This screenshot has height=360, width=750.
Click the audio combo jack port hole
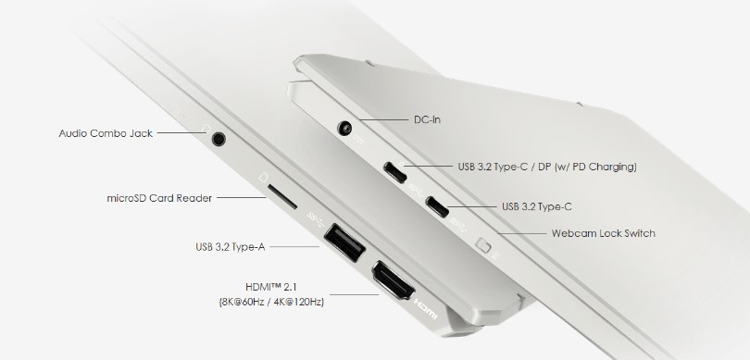(219, 139)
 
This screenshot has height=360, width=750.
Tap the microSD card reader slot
(282, 197)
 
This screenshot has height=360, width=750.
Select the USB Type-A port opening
(344, 242)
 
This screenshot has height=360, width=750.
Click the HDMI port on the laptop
(393, 279)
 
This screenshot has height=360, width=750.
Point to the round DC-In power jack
(345, 129)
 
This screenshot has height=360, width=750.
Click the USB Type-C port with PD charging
(395, 172)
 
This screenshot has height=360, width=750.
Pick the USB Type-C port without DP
(438, 206)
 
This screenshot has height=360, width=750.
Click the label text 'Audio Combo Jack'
(106, 133)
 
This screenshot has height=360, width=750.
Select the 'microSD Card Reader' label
(159, 198)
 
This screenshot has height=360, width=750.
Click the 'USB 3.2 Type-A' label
(230, 247)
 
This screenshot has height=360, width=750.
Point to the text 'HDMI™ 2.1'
(271, 287)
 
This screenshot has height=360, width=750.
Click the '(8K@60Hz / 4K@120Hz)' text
(271, 302)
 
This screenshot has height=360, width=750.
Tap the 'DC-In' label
(427, 119)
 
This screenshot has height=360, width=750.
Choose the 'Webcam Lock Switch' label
(603, 233)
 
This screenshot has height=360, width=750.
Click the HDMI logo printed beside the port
(425, 309)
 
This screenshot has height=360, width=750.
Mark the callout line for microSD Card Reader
(242, 197)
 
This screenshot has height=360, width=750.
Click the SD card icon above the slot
(263, 178)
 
